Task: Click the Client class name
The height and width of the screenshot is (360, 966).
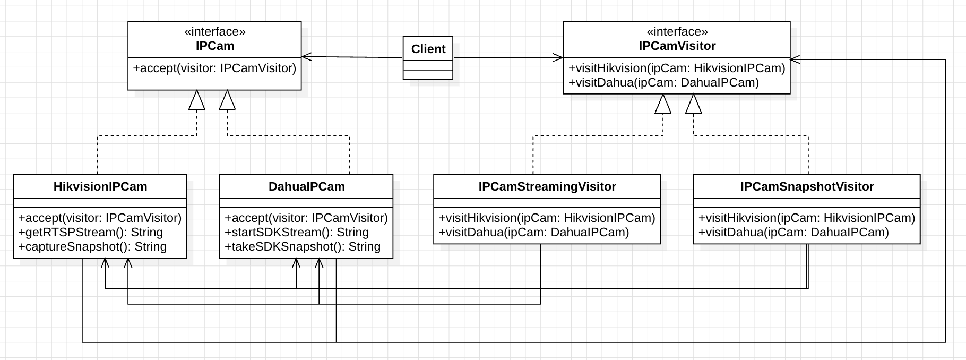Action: tap(428, 49)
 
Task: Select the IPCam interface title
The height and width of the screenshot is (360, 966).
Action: tap(215, 46)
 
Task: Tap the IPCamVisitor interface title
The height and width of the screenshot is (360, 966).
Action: tap(677, 46)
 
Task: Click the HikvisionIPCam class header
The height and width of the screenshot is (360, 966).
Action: tap(100, 186)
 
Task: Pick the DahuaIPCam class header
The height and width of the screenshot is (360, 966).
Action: tap(307, 186)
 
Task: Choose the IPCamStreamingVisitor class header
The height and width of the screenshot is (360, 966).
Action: tap(547, 186)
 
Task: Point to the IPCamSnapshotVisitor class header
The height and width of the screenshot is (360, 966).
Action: tap(807, 186)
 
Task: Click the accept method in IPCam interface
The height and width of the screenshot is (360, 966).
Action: tap(215, 68)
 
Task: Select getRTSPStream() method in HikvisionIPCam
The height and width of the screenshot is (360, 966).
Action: tap(91, 232)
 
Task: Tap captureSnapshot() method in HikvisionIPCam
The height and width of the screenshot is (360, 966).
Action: tap(92, 246)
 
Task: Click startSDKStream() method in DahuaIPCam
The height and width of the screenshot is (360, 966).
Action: tap(297, 232)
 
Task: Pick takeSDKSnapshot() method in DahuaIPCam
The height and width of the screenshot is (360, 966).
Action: tap(303, 246)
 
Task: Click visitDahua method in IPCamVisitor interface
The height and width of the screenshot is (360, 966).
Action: tap(663, 82)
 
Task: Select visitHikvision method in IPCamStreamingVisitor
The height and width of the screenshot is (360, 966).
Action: tap(547, 218)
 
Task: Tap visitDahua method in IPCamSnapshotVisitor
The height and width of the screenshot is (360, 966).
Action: tap(794, 232)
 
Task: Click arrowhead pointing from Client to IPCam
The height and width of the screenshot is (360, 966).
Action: tap(306, 56)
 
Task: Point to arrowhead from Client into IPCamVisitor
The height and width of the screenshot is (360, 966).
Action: tap(558, 57)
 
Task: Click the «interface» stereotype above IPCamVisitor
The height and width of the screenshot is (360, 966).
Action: tap(677, 32)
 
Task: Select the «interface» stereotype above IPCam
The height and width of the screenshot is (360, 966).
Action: tap(215, 32)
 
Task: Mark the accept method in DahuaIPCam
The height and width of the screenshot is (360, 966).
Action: tap(306, 218)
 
